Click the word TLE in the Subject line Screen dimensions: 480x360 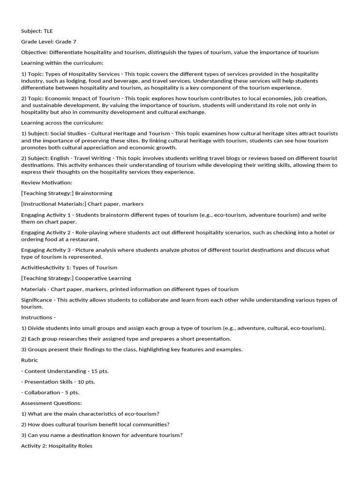tap(49, 31)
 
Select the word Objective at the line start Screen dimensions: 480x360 tap(34, 52)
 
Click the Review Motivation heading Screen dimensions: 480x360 tap(47, 182)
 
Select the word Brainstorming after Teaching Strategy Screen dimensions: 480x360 tap(94, 193)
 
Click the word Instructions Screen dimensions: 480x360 tap(37, 317)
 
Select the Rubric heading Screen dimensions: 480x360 tap(30, 360)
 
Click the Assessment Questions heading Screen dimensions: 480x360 tap(52, 403)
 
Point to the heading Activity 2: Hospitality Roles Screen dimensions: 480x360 tap(57, 446)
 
